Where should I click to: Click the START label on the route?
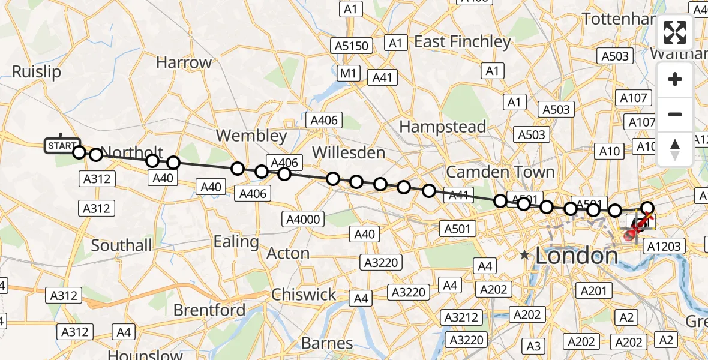(62, 146)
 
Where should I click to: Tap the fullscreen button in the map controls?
(675, 32)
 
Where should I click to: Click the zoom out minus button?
(675, 114)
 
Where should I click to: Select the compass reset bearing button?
(675, 149)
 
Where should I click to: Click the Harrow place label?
(184, 62)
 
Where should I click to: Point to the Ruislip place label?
(37, 72)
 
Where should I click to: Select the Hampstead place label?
(442, 127)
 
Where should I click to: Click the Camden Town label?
(500, 172)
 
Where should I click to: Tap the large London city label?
(576, 256)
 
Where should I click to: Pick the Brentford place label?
(209, 310)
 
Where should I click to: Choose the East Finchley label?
(462, 41)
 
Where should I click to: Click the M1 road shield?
(347, 73)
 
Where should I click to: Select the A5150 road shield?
(352, 46)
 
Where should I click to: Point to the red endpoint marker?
(629, 236)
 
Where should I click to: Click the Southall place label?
(122, 245)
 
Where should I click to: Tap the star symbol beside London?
(525, 255)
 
